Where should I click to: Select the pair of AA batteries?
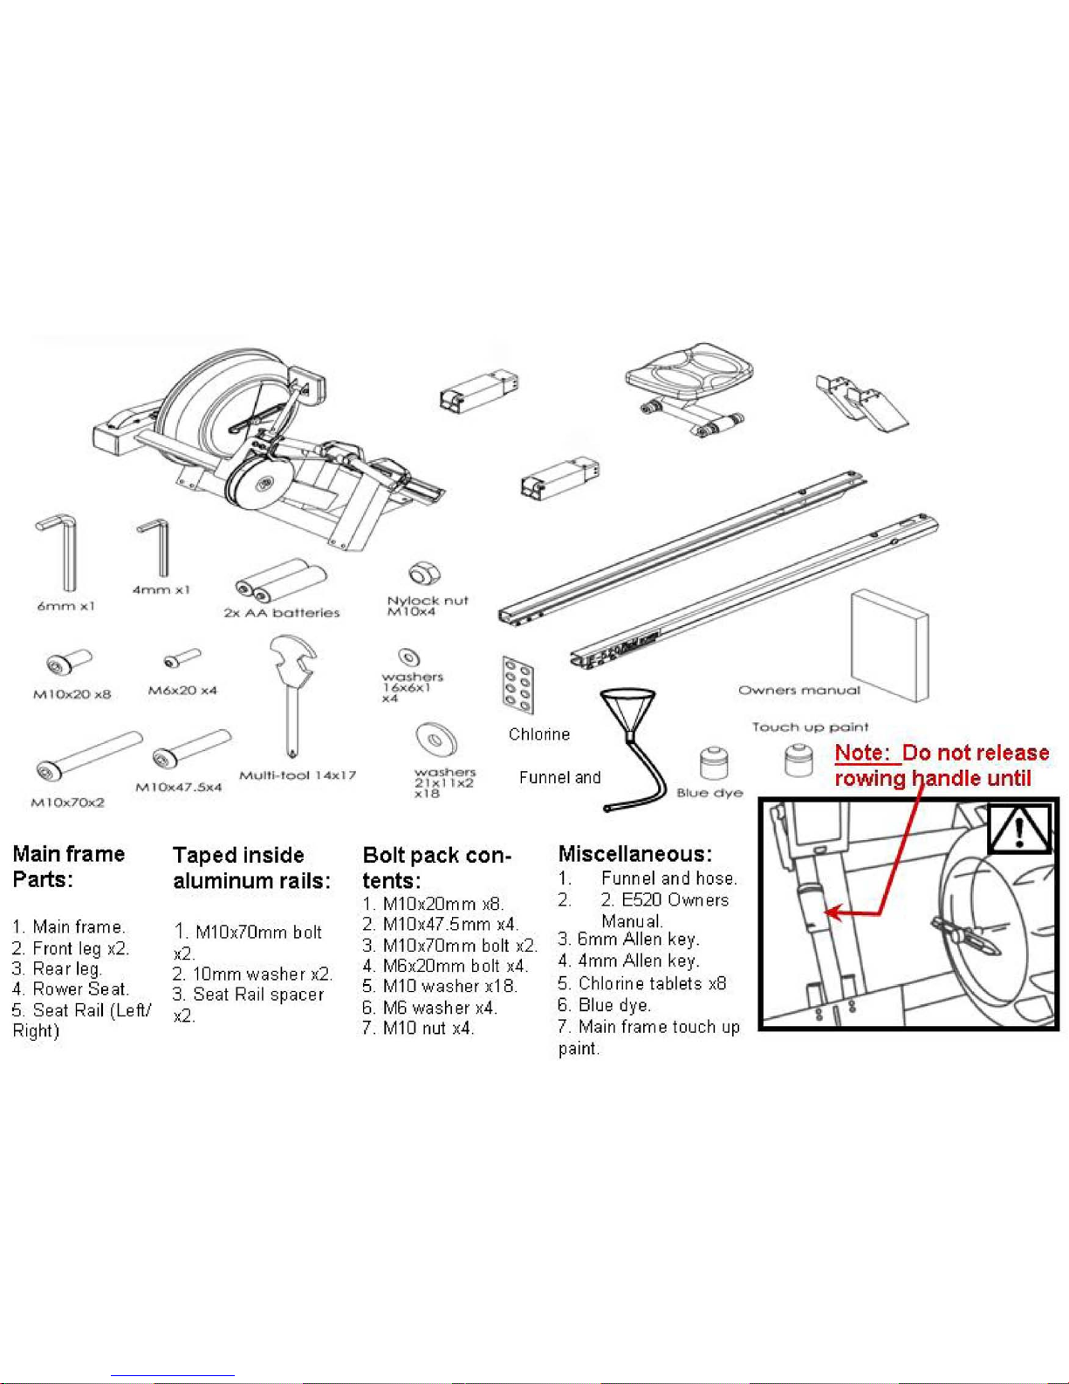[281, 579]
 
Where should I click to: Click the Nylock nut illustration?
[424, 574]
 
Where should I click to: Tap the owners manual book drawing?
[888, 644]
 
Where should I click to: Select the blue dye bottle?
[713, 765]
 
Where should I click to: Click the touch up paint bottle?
[798, 760]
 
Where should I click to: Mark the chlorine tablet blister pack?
[517, 684]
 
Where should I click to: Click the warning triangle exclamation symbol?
[1018, 828]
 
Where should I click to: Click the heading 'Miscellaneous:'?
[634, 854]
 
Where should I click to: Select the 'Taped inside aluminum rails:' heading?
[251, 868]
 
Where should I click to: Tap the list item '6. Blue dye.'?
[605, 1005]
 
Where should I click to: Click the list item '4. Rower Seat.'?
[71, 989]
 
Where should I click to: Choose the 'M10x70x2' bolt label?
[68, 802]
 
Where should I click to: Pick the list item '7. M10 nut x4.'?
[419, 1029]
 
